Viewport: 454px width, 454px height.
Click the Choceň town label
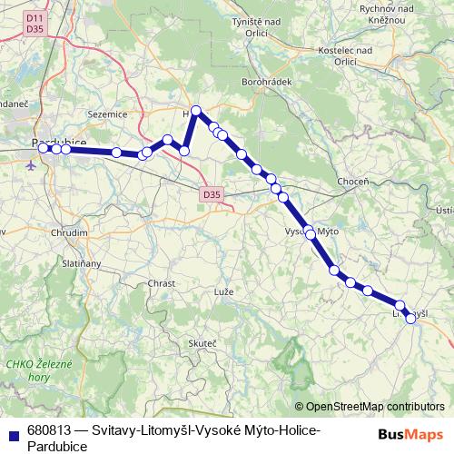353,182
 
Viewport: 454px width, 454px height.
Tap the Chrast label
162,283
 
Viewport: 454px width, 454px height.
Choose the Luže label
223,293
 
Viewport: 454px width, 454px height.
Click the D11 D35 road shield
35,24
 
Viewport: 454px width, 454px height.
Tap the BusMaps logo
411,434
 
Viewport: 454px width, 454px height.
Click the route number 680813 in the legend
50,429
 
